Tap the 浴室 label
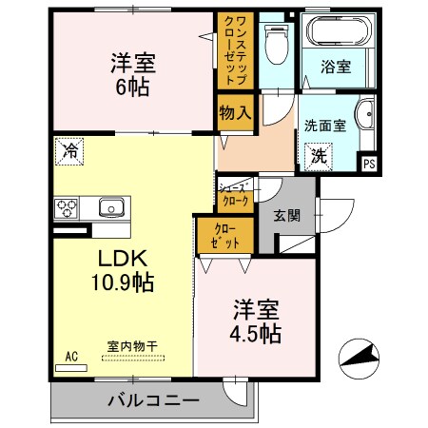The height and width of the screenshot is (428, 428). click(335, 68)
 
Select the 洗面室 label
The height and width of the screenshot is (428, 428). click(324, 125)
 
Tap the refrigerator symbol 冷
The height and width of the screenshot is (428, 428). click(69, 148)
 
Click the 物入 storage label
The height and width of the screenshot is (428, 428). click(234, 112)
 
